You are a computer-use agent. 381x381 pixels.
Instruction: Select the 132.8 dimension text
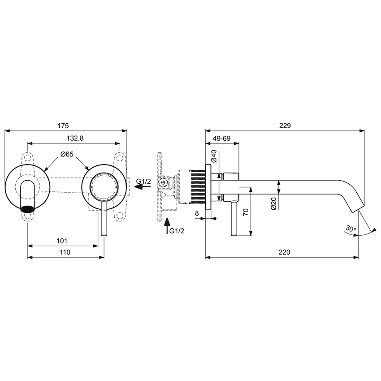[x=74, y=139]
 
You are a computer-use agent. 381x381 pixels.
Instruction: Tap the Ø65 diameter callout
[x=67, y=154]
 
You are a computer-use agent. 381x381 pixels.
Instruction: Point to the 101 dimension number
[x=62, y=241]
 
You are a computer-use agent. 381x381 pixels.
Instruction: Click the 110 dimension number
[x=65, y=252]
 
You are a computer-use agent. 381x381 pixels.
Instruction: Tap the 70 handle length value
[x=245, y=212]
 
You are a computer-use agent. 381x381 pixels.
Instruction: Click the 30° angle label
[x=351, y=229]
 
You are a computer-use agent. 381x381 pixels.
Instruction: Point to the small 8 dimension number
[x=197, y=214]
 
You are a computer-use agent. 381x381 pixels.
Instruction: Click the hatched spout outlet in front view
[x=28, y=208]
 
